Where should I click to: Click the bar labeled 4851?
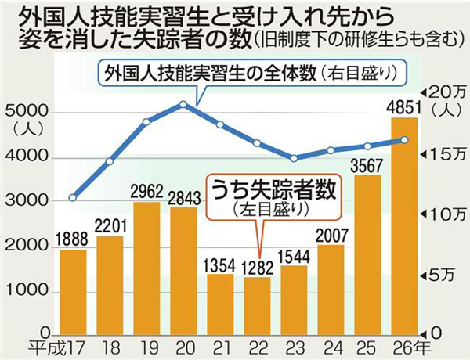(x=404, y=223)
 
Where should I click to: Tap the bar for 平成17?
(x=73, y=290)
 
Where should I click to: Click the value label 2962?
(x=146, y=191)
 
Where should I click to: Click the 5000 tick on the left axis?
(x=20, y=113)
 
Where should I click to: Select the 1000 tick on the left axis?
(x=20, y=291)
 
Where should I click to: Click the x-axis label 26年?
(x=408, y=347)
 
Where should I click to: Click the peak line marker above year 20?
(x=183, y=104)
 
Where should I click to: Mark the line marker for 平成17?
(x=73, y=196)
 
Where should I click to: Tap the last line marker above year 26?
(x=404, y=140)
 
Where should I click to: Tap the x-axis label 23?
(x=294, y=347)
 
